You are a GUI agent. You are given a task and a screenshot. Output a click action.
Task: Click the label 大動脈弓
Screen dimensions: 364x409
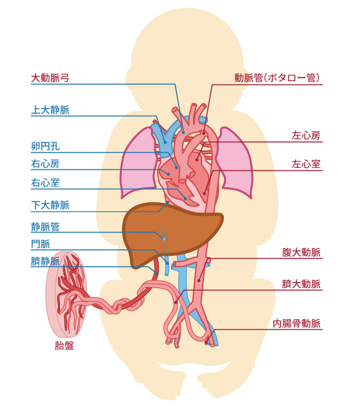tap(50, 78)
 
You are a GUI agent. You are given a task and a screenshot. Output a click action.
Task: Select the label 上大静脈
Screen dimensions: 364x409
tap(50, 110)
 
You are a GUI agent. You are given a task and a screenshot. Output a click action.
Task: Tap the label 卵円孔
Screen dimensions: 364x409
tap(45, 146)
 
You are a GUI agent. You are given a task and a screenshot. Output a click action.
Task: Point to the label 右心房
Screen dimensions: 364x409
tap(45, 164)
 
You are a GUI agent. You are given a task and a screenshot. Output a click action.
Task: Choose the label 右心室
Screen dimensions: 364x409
tap(45, 183)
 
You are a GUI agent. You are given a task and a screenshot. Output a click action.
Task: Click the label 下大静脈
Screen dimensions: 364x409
tap(50, 205)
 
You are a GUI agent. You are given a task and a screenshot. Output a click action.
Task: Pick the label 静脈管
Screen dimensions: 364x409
tap(45, 227)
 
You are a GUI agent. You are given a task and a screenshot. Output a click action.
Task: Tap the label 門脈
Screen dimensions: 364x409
tap(41, 244)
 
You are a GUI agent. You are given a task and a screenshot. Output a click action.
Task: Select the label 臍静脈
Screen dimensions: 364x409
tap(45, 261)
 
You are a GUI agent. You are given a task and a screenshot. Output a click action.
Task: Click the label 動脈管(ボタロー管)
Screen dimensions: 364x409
tap(277, 78)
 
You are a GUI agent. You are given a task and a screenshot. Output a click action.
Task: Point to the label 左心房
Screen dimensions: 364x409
tap(306, 136)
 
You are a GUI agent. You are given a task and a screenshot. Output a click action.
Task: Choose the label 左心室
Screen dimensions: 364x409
tap(306, 164)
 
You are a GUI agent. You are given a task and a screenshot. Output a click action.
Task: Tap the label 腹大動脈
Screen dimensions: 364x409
tap(301, 253)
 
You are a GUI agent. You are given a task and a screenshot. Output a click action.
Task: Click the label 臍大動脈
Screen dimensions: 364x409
tap(301, 284)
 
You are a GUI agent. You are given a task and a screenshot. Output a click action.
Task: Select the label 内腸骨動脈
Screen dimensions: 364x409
tap(296, 324)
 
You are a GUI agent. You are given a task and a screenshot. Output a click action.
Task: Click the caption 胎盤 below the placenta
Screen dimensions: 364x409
tap(65, 346)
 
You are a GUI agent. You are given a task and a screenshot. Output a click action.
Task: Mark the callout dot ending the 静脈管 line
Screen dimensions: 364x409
tap(164, 239)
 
